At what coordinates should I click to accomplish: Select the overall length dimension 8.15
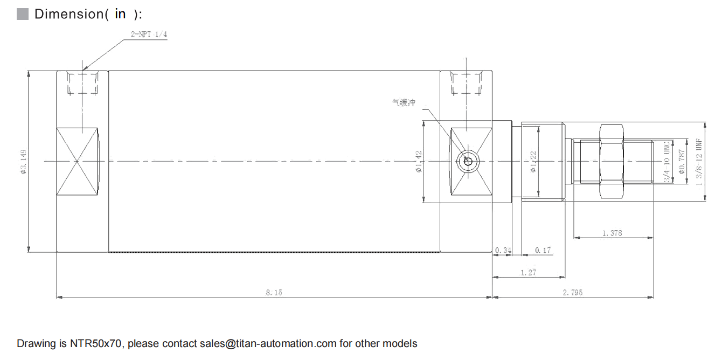(274, 293)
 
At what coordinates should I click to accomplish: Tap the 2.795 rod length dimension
(572, 293)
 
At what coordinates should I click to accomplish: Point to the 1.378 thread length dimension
(612, 233)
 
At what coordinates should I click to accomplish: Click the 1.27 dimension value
(528, 273)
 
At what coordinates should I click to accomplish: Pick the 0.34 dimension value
(503, 250)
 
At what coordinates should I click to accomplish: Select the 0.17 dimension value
(543, 250)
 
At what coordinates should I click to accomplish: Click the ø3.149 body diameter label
(23, 162)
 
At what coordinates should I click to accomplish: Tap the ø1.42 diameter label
(419, 162)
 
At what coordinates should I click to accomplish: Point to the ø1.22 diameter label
(532, 162)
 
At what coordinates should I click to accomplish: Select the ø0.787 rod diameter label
(682, 162)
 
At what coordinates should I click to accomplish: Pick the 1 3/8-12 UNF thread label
(699, 162)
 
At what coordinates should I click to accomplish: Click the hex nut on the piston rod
(612, 161)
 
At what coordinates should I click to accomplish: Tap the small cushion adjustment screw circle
(467, 161)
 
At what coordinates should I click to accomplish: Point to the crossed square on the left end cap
(78, 161)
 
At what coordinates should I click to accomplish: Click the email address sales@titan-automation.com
(268, 343)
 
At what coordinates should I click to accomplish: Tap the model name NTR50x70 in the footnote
(97, 343)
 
